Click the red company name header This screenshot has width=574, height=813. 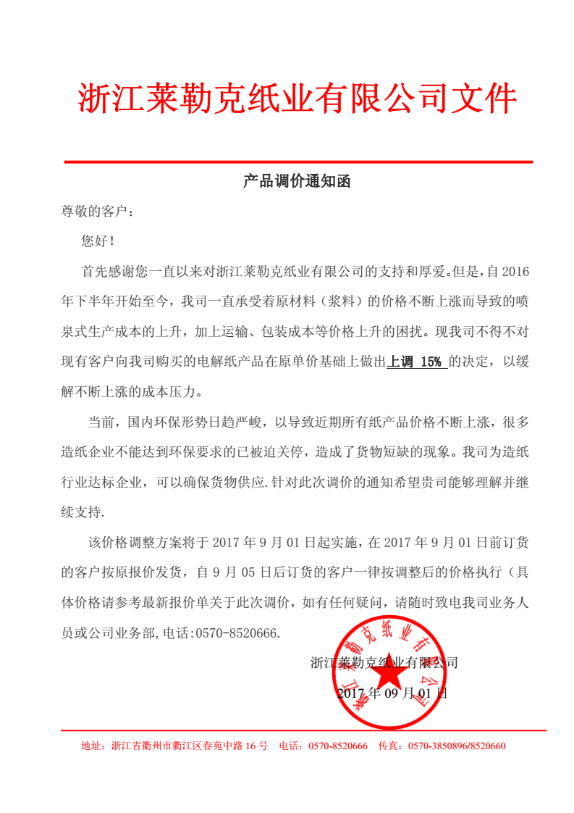(297, 99)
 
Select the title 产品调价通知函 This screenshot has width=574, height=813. (297, 182)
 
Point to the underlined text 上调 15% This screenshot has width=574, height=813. (416, 362)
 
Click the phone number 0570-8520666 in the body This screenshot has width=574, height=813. (237, 633)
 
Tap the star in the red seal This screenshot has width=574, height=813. (392, 677)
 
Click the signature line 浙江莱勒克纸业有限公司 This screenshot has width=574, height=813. (384, 662)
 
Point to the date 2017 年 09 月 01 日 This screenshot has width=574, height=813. (392, 693)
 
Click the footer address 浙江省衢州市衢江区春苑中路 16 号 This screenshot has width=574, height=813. (189, 746)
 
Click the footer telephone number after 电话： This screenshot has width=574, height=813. (338, 746)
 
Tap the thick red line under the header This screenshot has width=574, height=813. (298, 162)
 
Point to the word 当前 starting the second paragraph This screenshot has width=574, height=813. (101, 422)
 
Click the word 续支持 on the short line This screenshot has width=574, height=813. (81, 512)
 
